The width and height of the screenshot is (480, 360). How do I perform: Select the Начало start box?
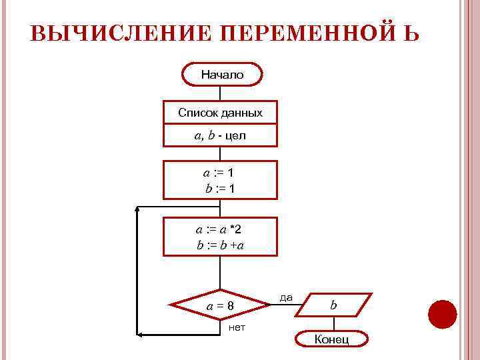point(223,75)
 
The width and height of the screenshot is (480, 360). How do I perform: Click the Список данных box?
point(220,113)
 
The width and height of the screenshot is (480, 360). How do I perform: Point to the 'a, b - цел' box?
point(220,136)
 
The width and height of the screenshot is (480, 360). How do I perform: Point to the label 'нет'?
point(237,327)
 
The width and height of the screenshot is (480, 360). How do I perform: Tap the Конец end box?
point(332,339)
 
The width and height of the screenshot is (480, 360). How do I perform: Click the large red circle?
point(442,314)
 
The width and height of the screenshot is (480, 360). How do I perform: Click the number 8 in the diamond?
point(230,306)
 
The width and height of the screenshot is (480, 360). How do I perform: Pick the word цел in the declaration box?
point(235,136)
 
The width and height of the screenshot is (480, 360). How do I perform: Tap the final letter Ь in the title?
point(410,34)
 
